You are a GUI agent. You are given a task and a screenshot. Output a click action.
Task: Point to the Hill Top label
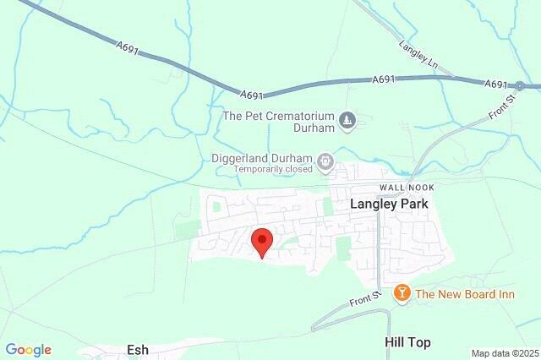[x=407, y=342]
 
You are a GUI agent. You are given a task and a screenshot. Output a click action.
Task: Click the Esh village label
[x=138, y=348]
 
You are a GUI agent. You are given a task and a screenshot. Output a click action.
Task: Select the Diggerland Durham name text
[x=262, y=157]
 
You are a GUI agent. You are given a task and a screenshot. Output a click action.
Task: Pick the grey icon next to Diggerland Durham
[x=325, y=160]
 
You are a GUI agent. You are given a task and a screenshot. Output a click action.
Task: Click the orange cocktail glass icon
[x=402, y=293]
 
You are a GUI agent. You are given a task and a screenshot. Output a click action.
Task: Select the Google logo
[x=28, y=350]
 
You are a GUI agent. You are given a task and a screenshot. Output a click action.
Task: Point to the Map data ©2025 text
[x=505, y=353]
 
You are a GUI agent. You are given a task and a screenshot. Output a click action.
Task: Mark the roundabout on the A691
[x=521, y=85]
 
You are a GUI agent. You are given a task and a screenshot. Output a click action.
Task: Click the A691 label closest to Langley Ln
[x=384, y=79]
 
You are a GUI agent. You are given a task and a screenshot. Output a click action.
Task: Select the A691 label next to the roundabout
[x=496, y=84]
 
